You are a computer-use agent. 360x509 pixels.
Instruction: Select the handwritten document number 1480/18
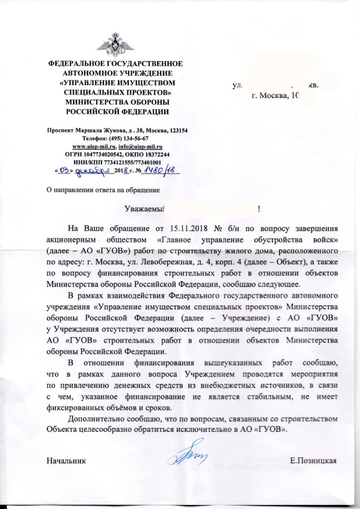159,171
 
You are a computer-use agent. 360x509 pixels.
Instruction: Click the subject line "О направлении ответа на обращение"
102,189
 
